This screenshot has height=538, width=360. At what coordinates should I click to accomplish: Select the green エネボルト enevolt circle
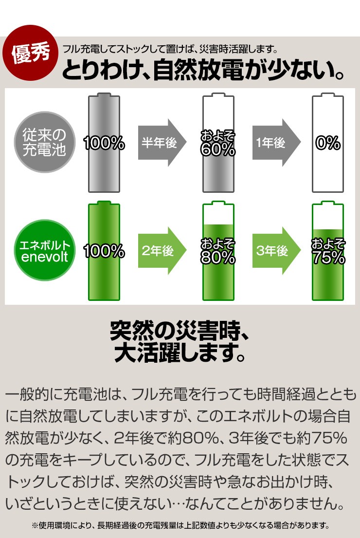[x=44, y=251]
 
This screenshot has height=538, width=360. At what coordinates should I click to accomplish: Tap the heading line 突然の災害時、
[x=180, y=332]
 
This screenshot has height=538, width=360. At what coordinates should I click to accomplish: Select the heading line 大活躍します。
[x=180, y=354]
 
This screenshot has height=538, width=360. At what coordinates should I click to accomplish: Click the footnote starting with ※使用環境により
[x=180, y=525]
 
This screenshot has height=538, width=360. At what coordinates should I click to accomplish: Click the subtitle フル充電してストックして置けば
[x=170, y=49]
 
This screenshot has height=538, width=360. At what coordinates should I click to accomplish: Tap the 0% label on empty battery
[x=327, y=143]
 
